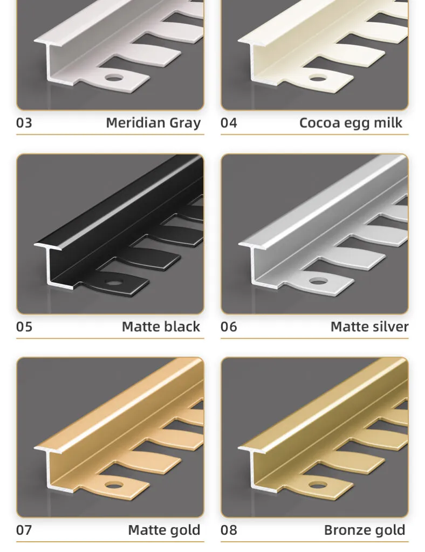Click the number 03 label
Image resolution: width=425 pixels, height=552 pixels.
click(24, 123)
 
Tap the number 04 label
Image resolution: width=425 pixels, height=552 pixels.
click(229, 123)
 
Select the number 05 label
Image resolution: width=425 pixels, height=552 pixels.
click(24, 327)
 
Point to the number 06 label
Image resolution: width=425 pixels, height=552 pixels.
click(229, 327)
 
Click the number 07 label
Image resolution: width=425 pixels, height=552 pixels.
click(24, 530)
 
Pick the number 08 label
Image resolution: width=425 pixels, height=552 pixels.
click(229, 530)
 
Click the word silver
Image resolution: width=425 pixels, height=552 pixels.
click(388, 326)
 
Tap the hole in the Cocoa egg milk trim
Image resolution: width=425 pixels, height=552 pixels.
click(318, 78)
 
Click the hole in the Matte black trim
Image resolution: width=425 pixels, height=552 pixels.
click(114, 282)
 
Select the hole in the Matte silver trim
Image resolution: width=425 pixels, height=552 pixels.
click(318, 281)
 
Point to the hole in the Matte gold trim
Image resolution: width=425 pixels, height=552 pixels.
click(114, 486)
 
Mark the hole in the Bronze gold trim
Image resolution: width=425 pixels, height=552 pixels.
click(318, 486)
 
